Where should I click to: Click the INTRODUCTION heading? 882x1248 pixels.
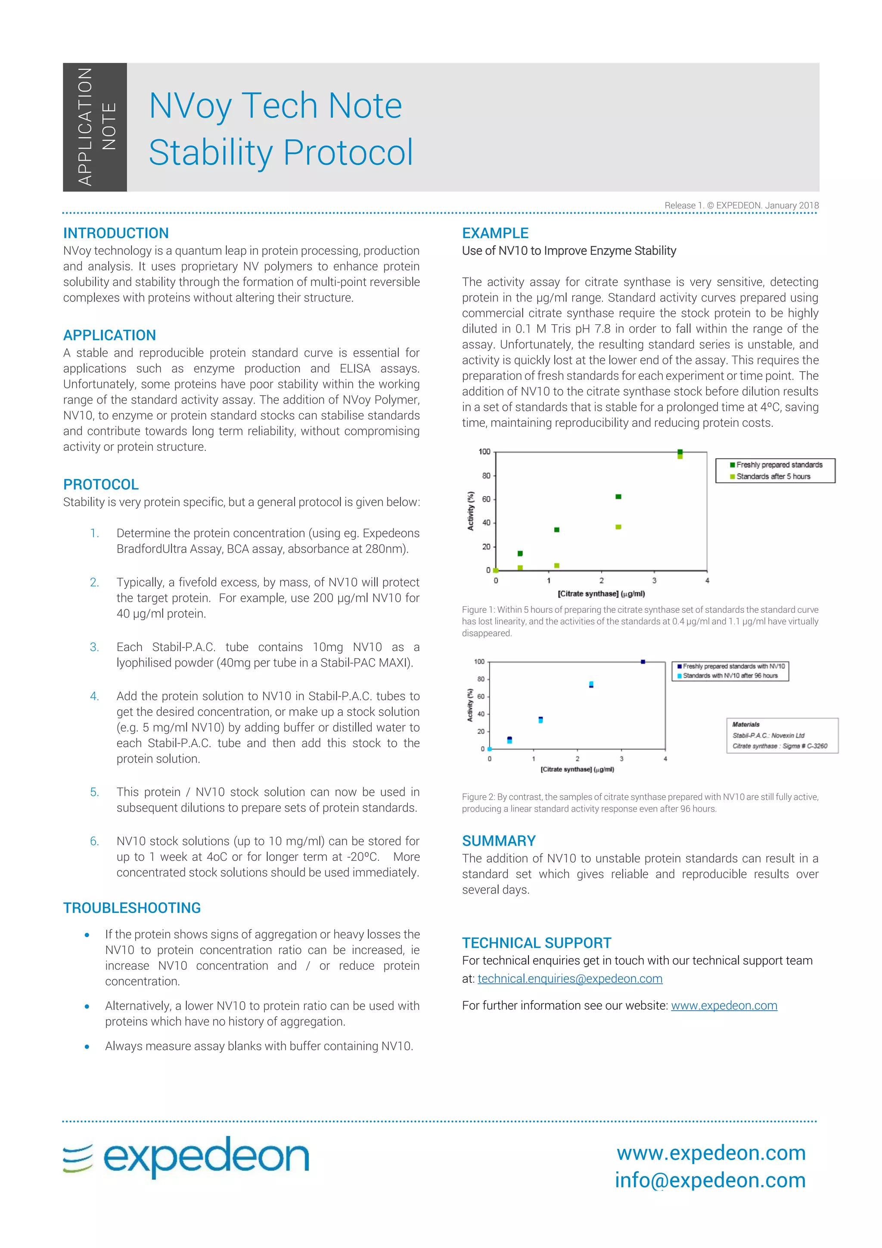tap(116, 233)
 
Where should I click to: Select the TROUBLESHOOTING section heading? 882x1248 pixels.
tap(132, 908)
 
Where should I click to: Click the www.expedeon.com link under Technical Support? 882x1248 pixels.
tap(724, 1006)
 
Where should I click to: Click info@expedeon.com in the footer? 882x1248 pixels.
tap(710, 1180)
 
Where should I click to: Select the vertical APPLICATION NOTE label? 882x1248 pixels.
tap(95, 127)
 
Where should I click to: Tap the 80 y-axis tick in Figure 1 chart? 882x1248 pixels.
tap(486, 475)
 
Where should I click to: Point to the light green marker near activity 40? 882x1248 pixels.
tap(618, 527)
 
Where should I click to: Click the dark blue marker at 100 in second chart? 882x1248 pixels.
tap(643, 661)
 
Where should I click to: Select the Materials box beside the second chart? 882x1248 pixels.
tap(782, 736)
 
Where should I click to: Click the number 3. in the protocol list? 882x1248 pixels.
tap(95, 647)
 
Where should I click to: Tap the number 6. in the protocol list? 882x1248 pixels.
tap(95, 841)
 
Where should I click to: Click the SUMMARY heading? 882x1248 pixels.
tap(498, 841)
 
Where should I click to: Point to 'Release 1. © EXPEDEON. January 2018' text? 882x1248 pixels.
tap(741, 205)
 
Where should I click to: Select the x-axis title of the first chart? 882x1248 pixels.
tap(601, 593)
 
